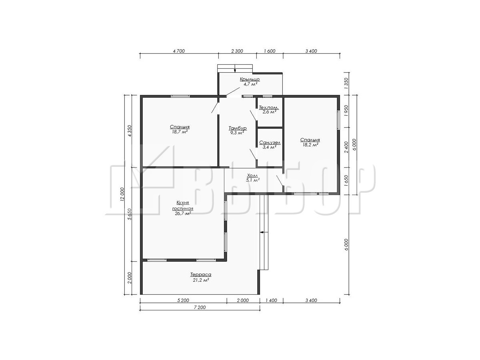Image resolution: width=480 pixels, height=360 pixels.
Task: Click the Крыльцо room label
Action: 250,79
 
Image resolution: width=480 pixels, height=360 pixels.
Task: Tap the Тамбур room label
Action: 238,128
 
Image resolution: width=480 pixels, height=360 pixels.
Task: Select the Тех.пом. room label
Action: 269,108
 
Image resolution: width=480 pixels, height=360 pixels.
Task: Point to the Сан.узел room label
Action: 270,143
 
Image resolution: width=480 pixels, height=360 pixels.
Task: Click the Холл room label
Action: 252,176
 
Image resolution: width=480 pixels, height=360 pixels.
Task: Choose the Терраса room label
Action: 201,274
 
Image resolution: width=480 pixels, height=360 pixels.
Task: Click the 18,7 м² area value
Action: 180,132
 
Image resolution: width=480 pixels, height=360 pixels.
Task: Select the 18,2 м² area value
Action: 310,145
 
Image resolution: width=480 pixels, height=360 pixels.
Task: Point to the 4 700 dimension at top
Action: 179,51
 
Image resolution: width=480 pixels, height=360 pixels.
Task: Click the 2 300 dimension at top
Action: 237,51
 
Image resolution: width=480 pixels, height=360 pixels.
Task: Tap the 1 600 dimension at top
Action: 270,51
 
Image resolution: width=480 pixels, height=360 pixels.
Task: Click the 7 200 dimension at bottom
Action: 200,307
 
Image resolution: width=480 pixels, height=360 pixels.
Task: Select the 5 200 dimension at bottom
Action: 183,300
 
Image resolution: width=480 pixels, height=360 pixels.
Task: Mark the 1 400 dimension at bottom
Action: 271,300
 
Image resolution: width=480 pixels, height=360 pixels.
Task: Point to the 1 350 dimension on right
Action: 346,83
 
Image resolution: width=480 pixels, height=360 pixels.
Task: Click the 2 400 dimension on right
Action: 346,147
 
